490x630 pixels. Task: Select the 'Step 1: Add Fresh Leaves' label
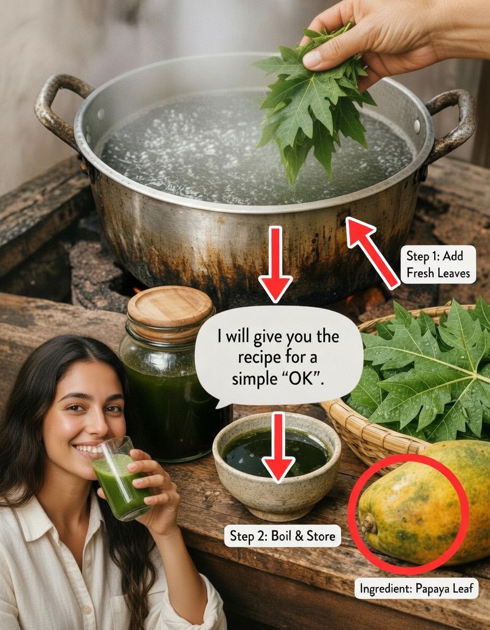438,264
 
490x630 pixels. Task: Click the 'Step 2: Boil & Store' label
282,536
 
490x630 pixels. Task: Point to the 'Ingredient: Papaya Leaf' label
416,588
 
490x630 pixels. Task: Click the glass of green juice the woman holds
120,479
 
